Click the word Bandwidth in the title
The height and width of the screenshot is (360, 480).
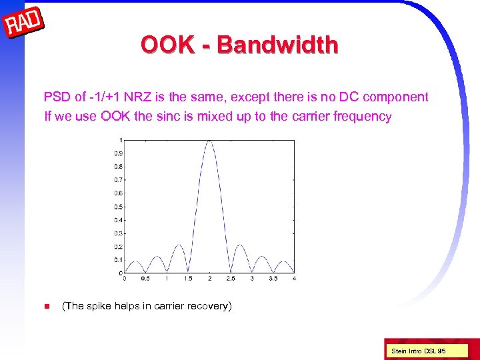pyautogui.click(x=277, y=45)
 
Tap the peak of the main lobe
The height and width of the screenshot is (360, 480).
pyautogui.click(x=209, y=140)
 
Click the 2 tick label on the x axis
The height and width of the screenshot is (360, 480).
pyautogui.click(x=209, y=279)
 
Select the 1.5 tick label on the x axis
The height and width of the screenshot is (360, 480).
pyautogui.click(x=188, y=279)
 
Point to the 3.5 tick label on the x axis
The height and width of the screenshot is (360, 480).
pyautogui.click(x=273, y=279)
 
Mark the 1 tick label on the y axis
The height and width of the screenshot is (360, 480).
pyautogui.click(x=120, y=140)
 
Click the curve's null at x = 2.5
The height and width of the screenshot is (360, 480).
pyautogui.click(x=231, y=273)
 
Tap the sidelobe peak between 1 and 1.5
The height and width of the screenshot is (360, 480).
pyautogui.click(x=177, y=245)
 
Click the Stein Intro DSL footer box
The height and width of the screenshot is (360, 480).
pyautogui.click(x=418, y=351)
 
